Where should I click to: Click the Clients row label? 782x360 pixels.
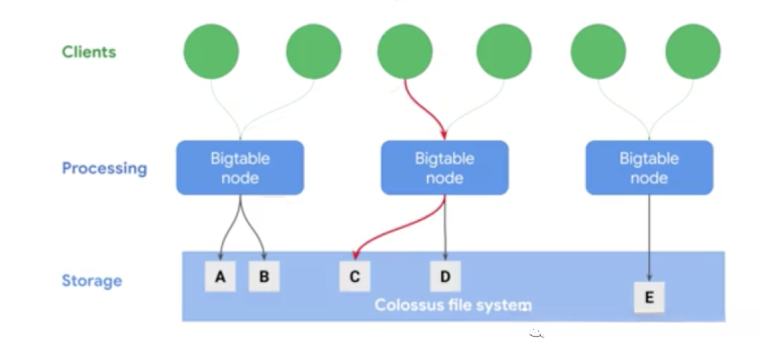coord(89,52)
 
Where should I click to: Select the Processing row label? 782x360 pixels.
coord(104,169)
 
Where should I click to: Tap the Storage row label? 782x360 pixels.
coord(92,281)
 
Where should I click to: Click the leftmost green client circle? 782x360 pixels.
coord(211,51)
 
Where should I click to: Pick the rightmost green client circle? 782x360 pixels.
coord(693,51)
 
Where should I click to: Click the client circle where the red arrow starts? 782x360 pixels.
coord(405,51)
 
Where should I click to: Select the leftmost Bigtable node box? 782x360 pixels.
coord(240,167)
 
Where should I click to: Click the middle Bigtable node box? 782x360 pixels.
coord(445,167)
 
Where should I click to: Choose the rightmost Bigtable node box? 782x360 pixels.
coord(649,167)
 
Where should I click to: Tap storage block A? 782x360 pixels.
coord(220,276)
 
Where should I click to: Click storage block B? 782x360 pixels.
coord(264,276)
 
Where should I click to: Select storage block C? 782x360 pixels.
coord(355,276)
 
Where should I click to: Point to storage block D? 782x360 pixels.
coord(445,276)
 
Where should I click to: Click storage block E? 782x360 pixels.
coord(649,297)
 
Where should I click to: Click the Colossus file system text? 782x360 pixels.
coord(453,305)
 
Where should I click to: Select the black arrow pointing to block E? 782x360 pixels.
coord(649,238)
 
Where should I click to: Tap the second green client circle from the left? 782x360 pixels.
coord(314,51)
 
